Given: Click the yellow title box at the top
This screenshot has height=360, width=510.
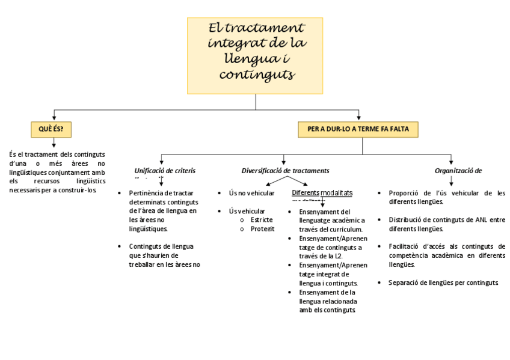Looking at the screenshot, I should click(255, 55).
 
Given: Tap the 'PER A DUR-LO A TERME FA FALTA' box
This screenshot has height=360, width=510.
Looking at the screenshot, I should click(358, 129).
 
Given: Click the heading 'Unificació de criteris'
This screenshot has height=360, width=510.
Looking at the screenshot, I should click(165, 171).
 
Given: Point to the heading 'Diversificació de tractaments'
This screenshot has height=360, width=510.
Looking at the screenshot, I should click(285, 171).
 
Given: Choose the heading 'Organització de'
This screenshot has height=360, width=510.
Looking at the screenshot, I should click(458, 171).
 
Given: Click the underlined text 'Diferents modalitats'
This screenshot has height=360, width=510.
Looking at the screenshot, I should click(322, 193).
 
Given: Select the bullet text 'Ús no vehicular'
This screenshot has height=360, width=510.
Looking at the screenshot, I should click(251, 194).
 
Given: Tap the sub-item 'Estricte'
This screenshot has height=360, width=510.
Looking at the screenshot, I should click(262, 220).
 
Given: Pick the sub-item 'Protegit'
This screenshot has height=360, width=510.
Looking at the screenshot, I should click(262, 229).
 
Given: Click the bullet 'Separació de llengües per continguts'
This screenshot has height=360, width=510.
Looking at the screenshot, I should click(443, 282).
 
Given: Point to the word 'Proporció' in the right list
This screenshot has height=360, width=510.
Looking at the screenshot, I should click(404, 194).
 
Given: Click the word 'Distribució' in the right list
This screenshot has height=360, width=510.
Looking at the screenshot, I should click(405, 220).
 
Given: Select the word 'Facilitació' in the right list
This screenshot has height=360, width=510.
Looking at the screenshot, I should click(405, 246).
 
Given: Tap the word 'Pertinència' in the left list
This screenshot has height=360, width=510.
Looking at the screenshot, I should click(146, 194).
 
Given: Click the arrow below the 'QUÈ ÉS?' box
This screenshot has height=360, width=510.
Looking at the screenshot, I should click(54, 143).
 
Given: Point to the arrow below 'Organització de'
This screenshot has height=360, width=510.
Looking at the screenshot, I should click(452, 180).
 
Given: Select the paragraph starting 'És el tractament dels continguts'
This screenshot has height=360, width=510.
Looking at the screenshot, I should click(57, 172).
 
